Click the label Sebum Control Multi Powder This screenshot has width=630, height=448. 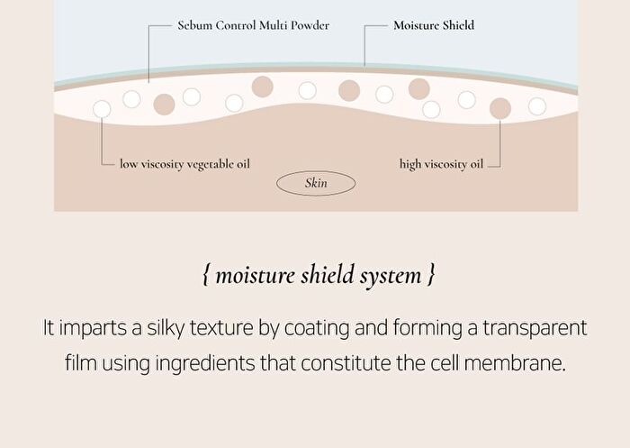click(253, 25)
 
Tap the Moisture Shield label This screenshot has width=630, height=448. click(434, 25)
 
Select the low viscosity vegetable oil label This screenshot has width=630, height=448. click(184, 164)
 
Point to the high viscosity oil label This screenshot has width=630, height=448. click(441, 164)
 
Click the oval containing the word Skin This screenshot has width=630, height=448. click(316, 172)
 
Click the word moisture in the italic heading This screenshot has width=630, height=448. click(256, 276)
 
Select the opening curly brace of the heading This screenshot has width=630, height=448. click(206, 275)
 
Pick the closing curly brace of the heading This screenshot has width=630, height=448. click(431, 275)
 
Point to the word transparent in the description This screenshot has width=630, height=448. click(535, 328)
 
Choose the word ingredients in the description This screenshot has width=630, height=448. click(205, 364)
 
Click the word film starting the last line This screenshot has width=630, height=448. click(81, 363)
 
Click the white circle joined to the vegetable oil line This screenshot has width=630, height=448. click(102, 109)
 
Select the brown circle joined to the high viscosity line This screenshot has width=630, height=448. click(500, 108)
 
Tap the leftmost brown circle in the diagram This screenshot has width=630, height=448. click(164, 105)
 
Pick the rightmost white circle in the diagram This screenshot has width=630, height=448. click(537, 106)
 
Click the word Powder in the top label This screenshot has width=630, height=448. click(310, 25)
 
